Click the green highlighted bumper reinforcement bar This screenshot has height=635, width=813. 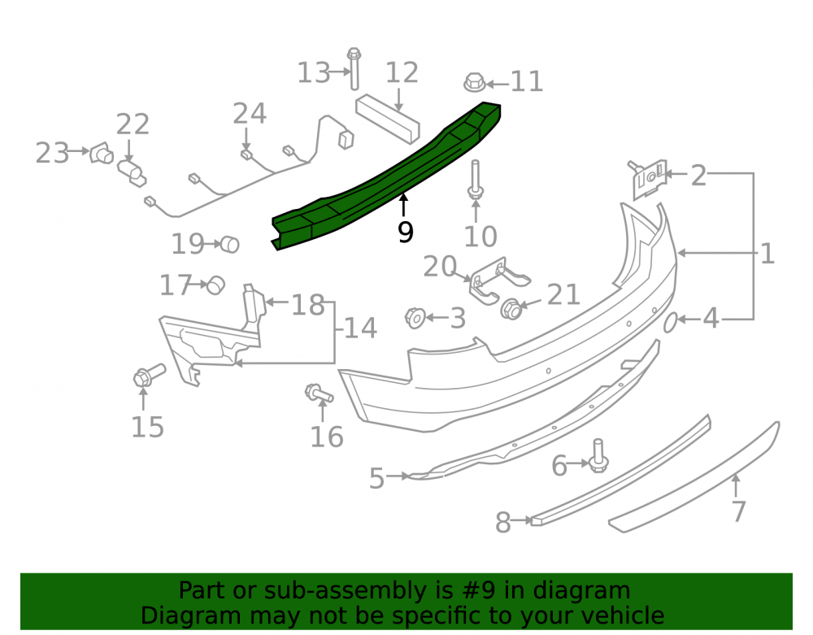pos(386,176)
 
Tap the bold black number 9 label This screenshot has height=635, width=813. pos(406,232)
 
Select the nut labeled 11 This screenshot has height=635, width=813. pos(475,82)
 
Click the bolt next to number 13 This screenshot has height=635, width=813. pos(354,68)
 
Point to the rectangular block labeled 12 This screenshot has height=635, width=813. pos(388,119)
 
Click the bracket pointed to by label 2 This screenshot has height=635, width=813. pos(648,178)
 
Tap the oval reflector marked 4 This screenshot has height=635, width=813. pos(671,322)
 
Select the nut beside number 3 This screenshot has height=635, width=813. pos(415,318)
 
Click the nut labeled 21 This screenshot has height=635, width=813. pos(511,309)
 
